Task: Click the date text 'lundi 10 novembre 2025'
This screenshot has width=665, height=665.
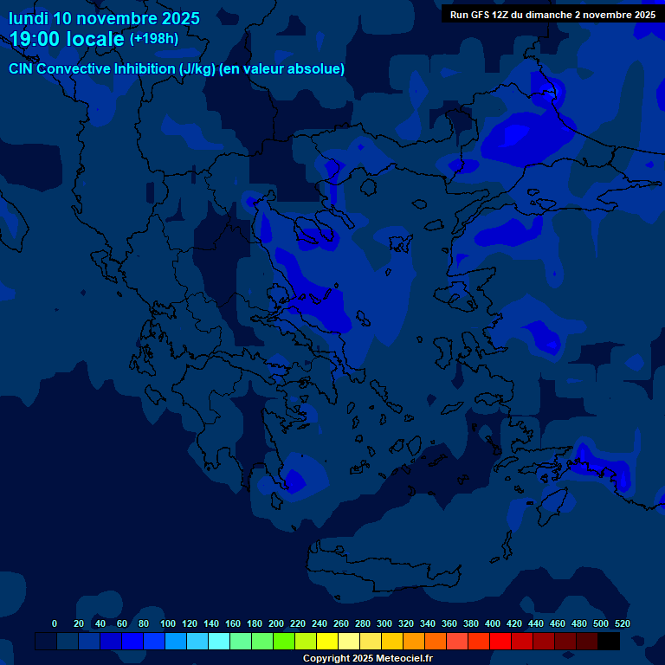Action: [104, 18]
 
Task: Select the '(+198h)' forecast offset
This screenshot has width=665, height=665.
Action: [154, 39]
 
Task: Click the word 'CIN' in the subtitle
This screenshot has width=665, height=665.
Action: [23, 69]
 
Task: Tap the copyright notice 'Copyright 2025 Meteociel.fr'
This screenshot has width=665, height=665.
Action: [367, 659]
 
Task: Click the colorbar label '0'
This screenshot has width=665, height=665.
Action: [55, 623]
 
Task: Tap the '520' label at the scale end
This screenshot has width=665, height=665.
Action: [622, 623]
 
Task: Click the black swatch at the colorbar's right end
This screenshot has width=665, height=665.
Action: [609, 641]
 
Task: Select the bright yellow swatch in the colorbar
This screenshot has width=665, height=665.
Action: [327, 641]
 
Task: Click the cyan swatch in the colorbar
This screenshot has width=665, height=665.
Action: [219, 641]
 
